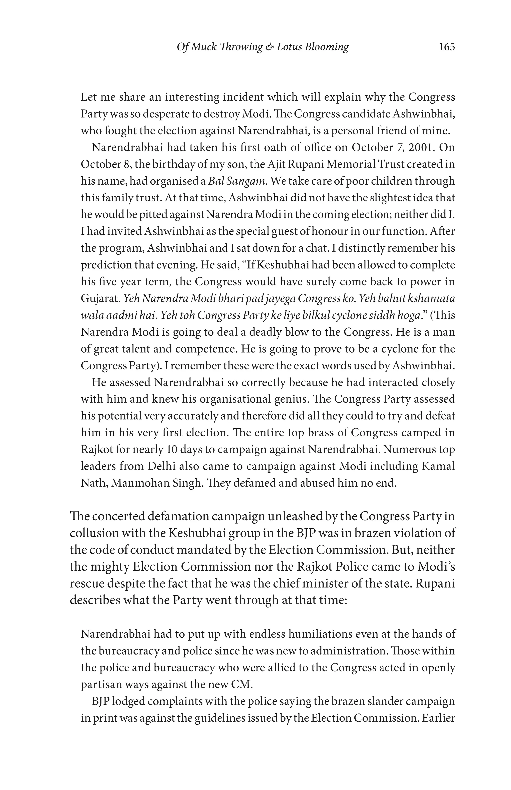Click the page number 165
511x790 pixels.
(x=446, y=47)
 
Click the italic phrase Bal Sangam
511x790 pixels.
(x=237, y=181)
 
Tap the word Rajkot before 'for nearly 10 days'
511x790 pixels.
(x=96, y=450)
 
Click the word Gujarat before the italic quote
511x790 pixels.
(x=100, y=299)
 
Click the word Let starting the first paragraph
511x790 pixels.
(x=88, y=97)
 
